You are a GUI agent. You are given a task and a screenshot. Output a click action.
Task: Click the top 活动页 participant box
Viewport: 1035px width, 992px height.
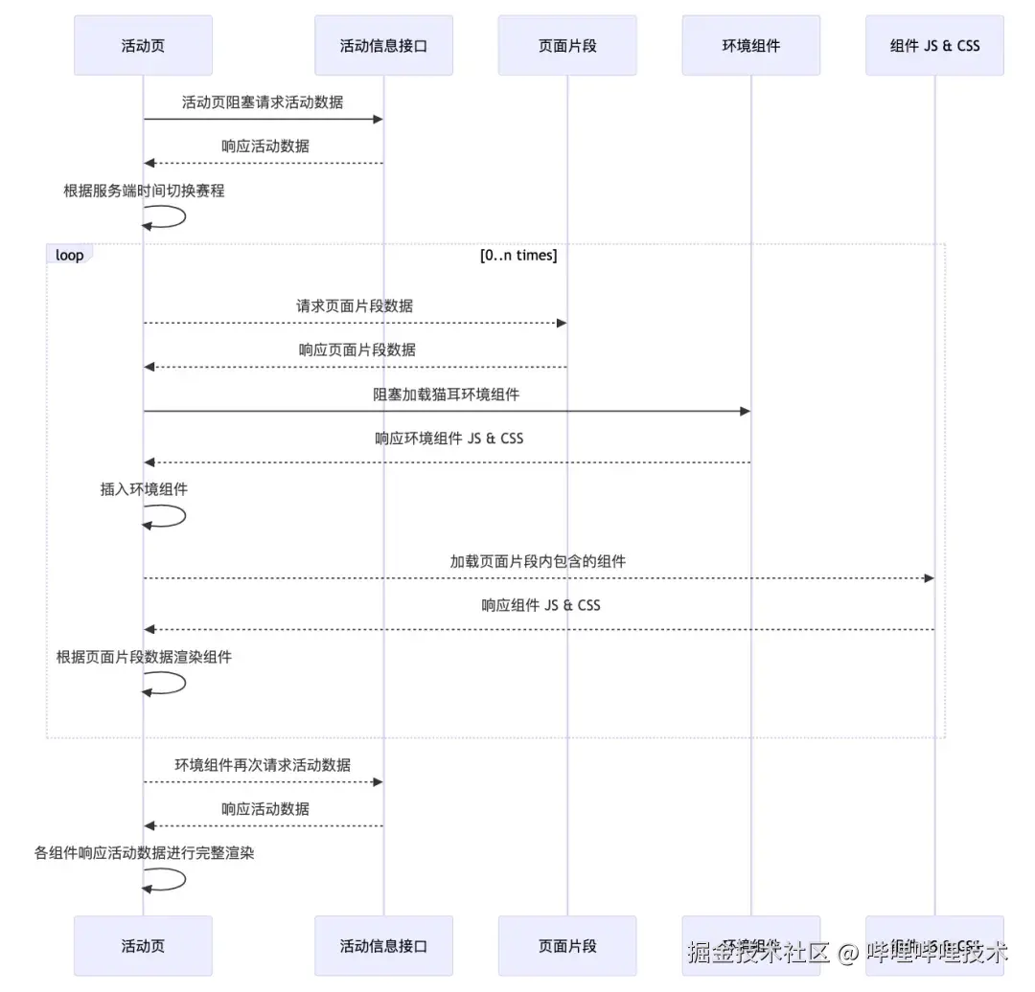pyautogui.click(x=143, y=45)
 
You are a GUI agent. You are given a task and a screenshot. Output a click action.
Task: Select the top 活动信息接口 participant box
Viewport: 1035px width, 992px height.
pyautogui.click(x=383, y=45)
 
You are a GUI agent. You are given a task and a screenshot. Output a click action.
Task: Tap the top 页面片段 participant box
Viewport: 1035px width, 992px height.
pyautogui.click(x=566, y=45)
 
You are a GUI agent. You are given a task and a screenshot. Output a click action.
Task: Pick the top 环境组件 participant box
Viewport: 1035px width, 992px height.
pyautogui.click(x=750, y=45)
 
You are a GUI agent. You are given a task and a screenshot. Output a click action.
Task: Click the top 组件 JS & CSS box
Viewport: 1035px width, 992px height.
pyautogui.click(x=934, y=45)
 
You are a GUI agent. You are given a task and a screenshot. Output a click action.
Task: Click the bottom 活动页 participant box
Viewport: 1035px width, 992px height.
pyautogui.click(x=143, y=946)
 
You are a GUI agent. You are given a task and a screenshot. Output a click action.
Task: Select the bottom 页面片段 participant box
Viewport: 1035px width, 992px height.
pyautogui.click(x=566, y=946)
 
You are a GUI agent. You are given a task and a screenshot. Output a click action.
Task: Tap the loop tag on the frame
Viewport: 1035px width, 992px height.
pyautogui.click(x=69, y=256)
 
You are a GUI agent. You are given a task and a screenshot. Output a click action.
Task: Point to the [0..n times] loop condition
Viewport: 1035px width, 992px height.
pyautogui.click(x=518, y=256)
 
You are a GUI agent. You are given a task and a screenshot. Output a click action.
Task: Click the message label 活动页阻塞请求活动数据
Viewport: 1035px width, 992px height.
pyautogui.click(x=263, y=101)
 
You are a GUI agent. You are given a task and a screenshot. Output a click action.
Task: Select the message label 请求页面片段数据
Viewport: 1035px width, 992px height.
pyautogui.click(x=355, y=306)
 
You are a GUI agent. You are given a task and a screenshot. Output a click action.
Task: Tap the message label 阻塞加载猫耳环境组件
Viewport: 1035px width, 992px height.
pyautogui.click(x=447, y=394)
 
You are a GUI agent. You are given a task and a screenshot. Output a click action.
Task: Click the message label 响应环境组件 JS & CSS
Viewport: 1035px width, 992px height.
pyautogui.click(x=448, y=439)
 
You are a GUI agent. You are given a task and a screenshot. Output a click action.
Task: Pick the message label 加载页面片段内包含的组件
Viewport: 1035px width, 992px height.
pyautogui.click(x=538, y=561)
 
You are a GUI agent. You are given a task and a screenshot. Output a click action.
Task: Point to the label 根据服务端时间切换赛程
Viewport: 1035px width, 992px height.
pyautogui.click(x=144, y=191)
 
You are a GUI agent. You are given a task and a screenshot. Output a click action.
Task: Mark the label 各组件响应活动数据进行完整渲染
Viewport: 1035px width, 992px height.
pyautogui.click(x=144, y=852)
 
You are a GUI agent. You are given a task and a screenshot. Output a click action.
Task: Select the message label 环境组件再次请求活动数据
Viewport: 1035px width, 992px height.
pyautogui.click(x=263, y=765)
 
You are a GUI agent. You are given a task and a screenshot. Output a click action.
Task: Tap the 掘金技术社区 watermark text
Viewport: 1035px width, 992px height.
pyautogui.click(x=758, y=953)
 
